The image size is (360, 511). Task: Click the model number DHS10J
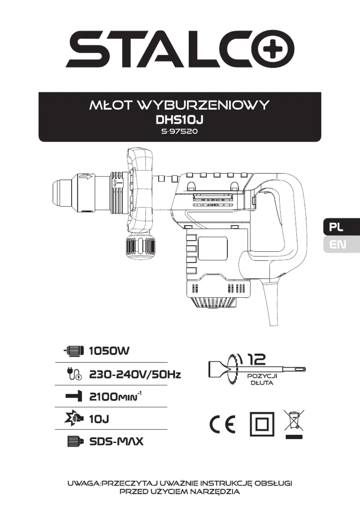(180, 120)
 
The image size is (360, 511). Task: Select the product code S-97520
(180, 132)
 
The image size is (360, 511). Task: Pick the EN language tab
(341, 244)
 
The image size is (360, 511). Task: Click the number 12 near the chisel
(256, 359)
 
